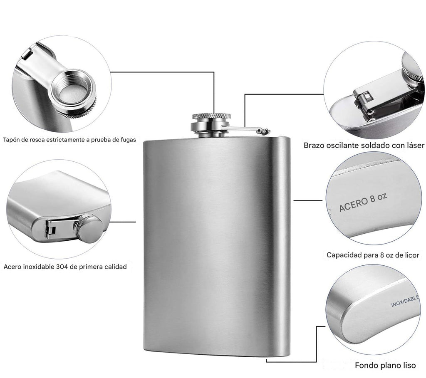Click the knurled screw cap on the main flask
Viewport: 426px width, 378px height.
[x=212, y=116]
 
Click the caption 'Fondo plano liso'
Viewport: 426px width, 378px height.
[x=385, y=366]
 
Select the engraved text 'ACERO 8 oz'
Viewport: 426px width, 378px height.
[x=363, y=202]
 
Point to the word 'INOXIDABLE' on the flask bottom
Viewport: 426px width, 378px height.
[x=405, y=301]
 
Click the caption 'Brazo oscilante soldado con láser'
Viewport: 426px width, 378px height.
[x=364, y=146]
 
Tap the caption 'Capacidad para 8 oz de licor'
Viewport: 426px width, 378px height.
[x=373, y=255]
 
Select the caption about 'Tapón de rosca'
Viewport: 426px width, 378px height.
[x=69, y=140]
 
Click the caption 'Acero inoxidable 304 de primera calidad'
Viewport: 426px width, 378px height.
[x=65, y=267]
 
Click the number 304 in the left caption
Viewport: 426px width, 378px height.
[x=62, y=267]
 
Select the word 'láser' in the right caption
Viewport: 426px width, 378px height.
[x=415, y=145]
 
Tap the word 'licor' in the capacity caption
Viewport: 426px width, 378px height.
[x=412, y=255]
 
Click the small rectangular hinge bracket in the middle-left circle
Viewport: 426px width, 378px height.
[x=50, y=229]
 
